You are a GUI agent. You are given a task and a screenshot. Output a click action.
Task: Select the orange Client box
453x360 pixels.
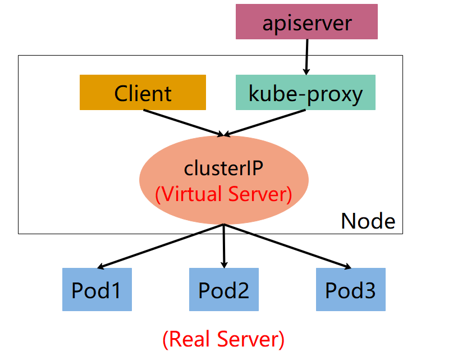[143, 93]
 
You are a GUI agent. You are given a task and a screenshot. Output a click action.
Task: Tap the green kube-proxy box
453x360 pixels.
[305, 93]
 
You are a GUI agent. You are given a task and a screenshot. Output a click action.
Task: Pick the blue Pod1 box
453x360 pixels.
[97, 290]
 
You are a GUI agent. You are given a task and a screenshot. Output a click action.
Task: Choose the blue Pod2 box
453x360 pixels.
[223, 290]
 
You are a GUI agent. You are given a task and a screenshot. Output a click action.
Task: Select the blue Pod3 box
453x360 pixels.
[351, 290]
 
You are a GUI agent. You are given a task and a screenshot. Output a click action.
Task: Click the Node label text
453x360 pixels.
[368, 221]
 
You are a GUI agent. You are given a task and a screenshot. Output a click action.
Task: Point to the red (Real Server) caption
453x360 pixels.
[223, 339]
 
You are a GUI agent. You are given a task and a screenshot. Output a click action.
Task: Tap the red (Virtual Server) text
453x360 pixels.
[223, 194]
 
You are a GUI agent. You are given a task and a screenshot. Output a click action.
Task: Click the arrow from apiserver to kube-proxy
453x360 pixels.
[306, 56]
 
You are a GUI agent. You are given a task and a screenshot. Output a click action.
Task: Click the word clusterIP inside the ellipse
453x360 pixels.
[223, 168]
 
